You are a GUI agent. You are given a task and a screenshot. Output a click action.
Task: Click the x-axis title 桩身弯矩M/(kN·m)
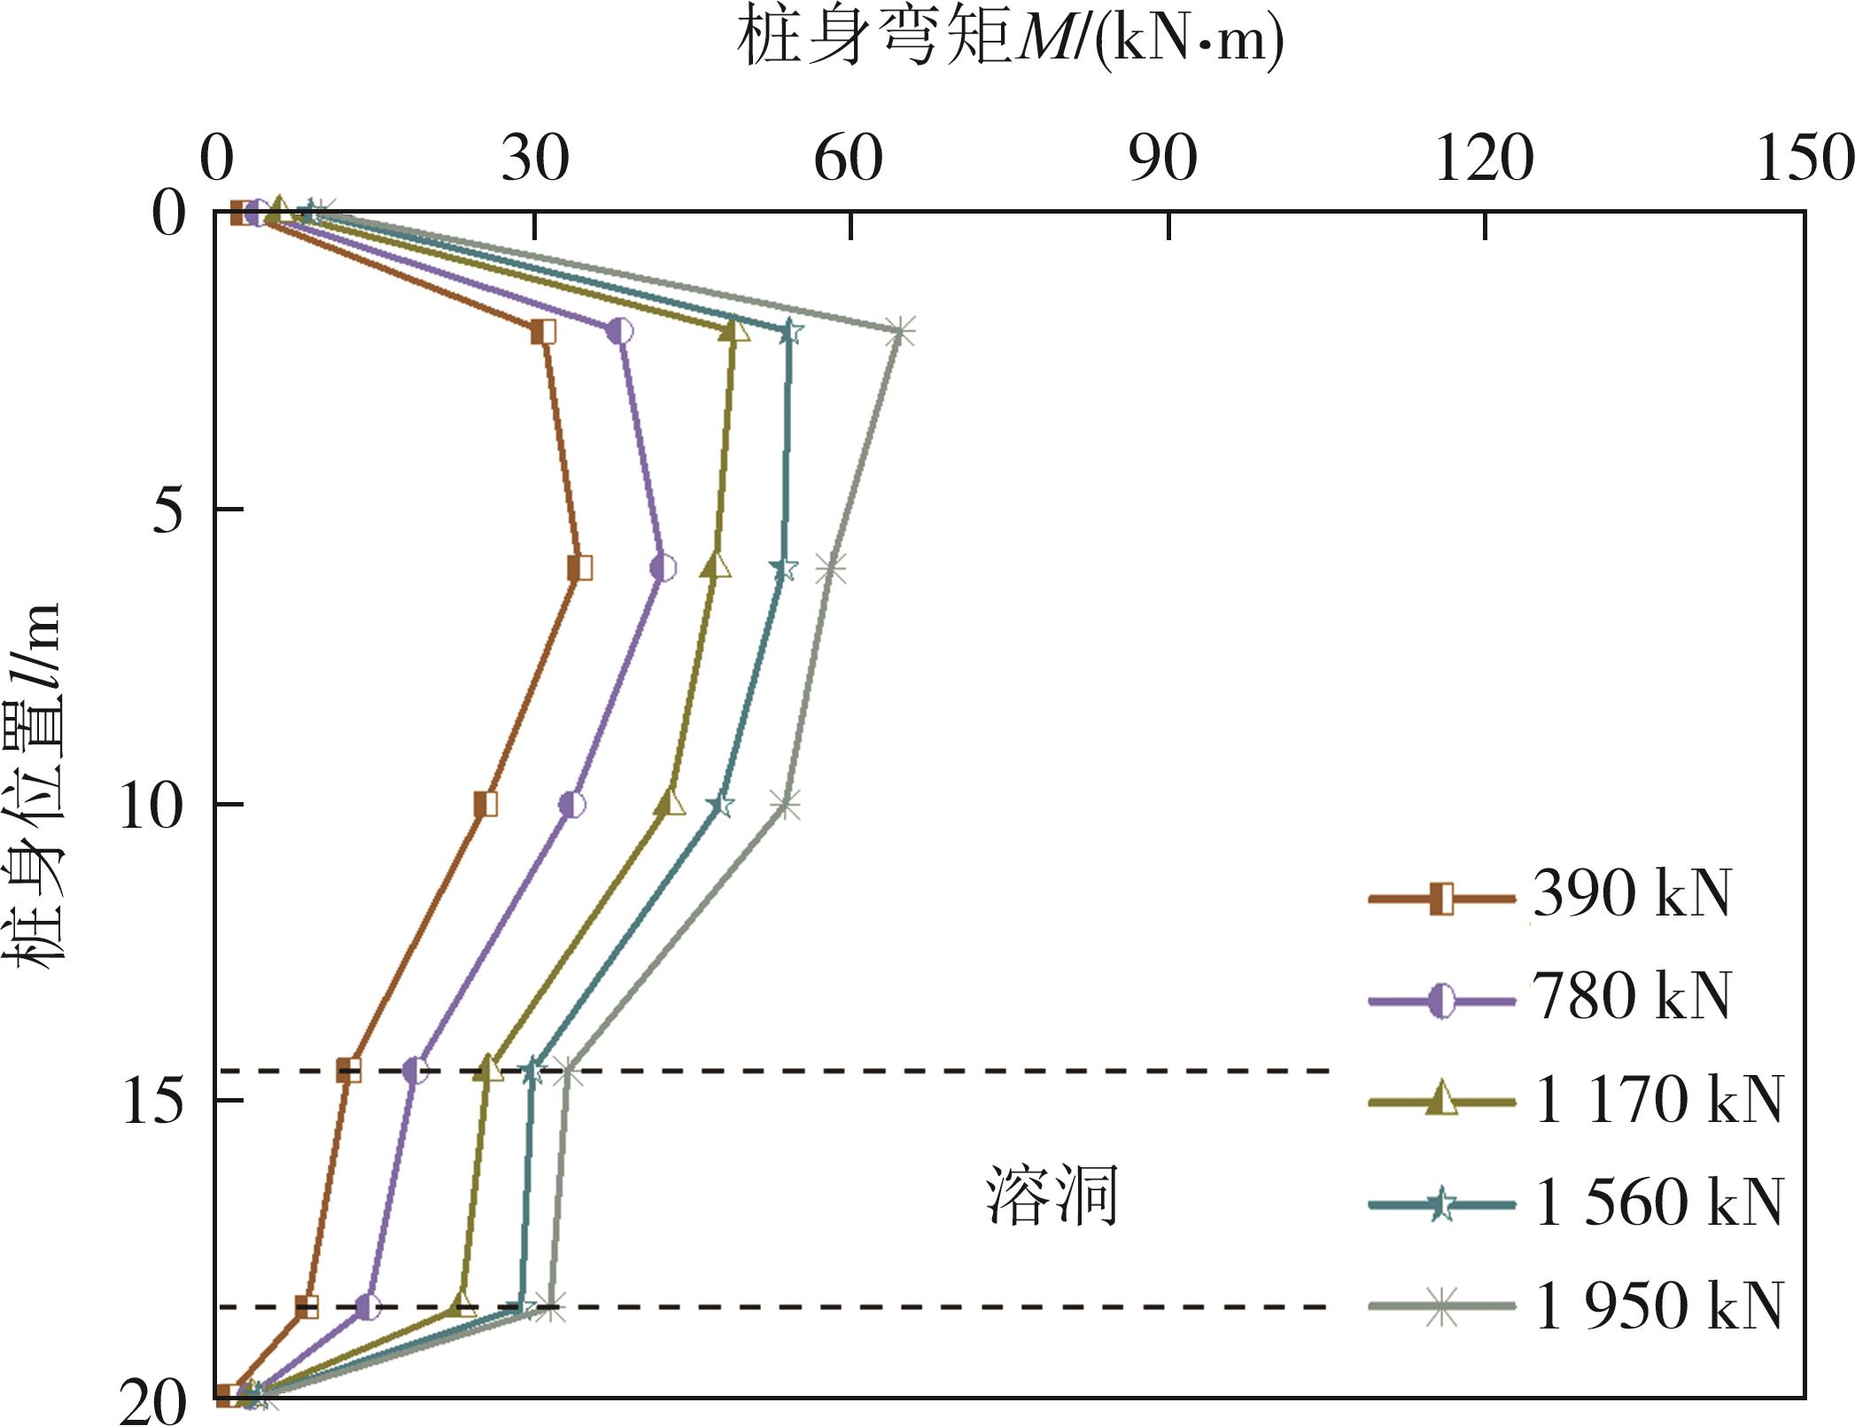(1010, 40)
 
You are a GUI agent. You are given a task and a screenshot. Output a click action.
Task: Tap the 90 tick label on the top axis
(1163, 160)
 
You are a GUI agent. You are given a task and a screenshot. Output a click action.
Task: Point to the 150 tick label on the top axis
(1804, 160)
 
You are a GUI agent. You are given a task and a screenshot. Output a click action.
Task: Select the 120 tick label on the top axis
(1484, 160)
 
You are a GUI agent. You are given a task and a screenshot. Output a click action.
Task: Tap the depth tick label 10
(152, 807)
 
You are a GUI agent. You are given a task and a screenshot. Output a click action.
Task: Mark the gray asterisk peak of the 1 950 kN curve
(900, 332)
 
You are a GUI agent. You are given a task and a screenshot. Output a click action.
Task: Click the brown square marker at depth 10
(485, 805)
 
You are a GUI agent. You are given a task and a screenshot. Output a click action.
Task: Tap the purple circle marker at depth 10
(572, 805)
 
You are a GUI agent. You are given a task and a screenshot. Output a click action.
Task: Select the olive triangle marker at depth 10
(671, 804)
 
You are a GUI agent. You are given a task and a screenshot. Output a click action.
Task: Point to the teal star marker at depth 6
(784, 569)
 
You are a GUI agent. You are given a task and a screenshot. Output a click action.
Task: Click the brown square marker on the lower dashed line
(307, 1305)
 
